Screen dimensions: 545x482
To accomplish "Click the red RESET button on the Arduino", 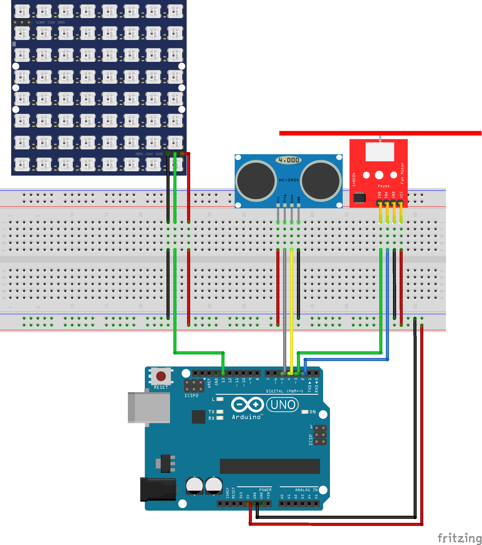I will (161, 376).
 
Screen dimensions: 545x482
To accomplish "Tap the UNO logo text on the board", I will (283, 405).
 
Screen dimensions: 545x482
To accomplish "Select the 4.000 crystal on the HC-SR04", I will (289, 160).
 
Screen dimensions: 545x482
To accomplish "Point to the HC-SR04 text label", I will (289, 180).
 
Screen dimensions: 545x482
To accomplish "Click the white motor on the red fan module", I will (380, 151).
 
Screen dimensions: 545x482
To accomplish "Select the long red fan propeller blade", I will (380, 133).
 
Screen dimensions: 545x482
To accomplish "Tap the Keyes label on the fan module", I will (384, 186).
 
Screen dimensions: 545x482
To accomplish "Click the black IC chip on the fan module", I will (359, 198).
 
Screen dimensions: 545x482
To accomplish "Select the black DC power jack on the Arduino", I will (158, 489).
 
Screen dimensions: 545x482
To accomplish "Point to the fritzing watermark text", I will (459, 538).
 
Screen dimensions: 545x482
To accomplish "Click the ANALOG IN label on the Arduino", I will (306, 490).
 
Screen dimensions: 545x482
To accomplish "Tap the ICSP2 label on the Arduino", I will (191, 396).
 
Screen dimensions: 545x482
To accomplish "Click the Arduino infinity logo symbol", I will (248, 405).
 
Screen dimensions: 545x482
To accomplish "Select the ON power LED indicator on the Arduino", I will (305, 412).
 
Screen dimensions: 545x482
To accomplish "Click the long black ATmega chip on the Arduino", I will (270, 466).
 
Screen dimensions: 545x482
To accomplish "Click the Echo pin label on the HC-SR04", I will (292, 199).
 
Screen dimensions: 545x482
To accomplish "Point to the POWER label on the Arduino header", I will (265, 490).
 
